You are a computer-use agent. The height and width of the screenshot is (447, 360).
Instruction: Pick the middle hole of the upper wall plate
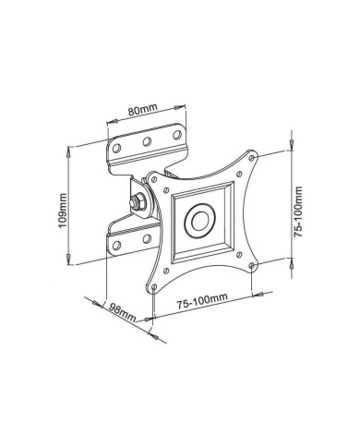[147, 140]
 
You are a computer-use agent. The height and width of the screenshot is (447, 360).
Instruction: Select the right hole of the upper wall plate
[174, 134]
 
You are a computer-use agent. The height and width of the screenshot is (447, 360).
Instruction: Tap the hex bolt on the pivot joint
[138, 200]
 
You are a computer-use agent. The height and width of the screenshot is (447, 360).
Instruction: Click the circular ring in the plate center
[199, 223]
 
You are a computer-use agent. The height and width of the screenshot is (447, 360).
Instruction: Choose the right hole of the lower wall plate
[147, 239]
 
